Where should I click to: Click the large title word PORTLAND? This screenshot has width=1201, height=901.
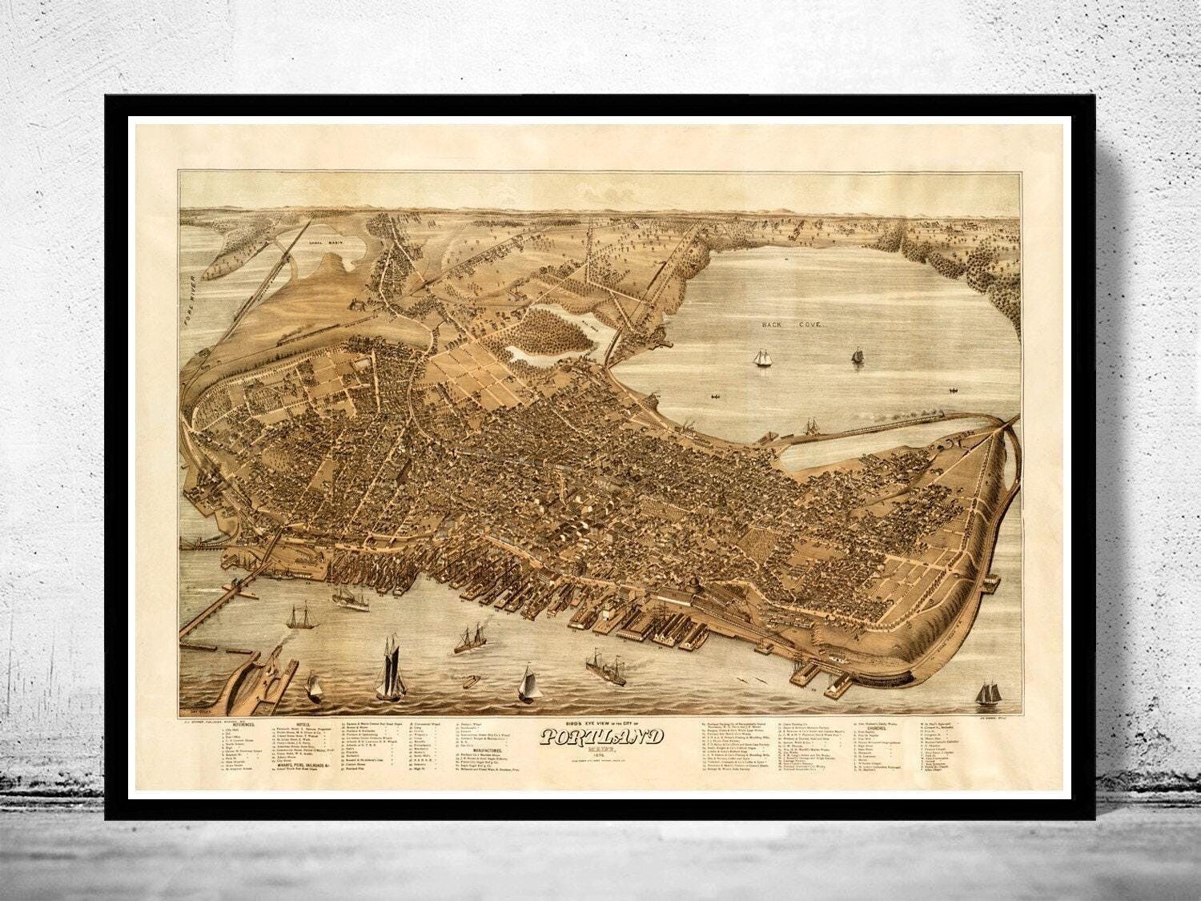click(x=601, y=737)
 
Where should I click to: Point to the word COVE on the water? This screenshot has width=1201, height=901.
click(x=801, y=328)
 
